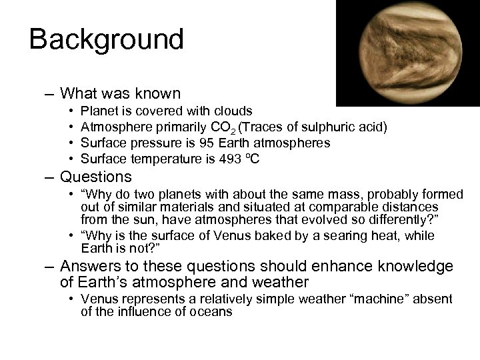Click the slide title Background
(x=106, y=39)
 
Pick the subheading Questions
(x=97, y=177)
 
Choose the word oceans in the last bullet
(x=209, y=311)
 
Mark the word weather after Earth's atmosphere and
(x=277, y=283)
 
